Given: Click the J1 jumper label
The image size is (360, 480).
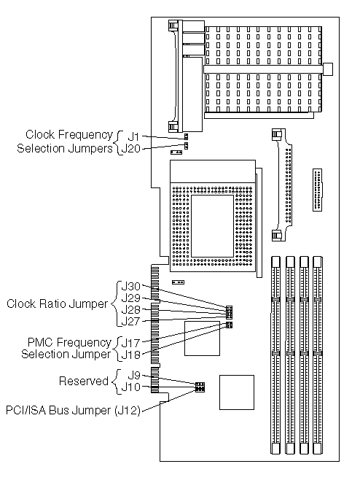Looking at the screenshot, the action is coord(133,136).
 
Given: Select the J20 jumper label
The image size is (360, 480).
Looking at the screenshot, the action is coord(130,149).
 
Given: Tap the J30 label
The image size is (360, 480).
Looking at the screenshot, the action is coord(130,287).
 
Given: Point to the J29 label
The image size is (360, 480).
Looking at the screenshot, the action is coord(130,298).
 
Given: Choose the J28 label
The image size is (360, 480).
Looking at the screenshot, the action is coord(130,310).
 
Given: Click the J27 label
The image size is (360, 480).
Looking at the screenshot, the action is coord(130,322).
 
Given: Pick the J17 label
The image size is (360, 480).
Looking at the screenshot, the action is coord(130,343).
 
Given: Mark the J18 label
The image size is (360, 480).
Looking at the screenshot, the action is coord(130,355).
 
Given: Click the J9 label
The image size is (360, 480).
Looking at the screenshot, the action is coord(134,375).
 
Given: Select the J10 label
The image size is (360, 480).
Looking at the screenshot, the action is coord(130,387).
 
